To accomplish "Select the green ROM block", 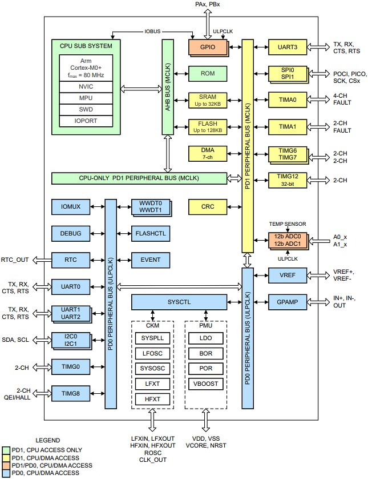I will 208,73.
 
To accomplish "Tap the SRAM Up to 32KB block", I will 208,99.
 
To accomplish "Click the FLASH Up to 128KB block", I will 208,126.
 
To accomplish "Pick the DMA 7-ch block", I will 208,153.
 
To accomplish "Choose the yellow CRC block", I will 208,206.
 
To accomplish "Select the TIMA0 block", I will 288,99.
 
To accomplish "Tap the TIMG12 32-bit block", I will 288,180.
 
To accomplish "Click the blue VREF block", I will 288,275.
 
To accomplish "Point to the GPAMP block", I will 288,301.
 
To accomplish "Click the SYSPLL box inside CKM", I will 152,338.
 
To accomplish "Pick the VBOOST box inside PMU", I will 205,384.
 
